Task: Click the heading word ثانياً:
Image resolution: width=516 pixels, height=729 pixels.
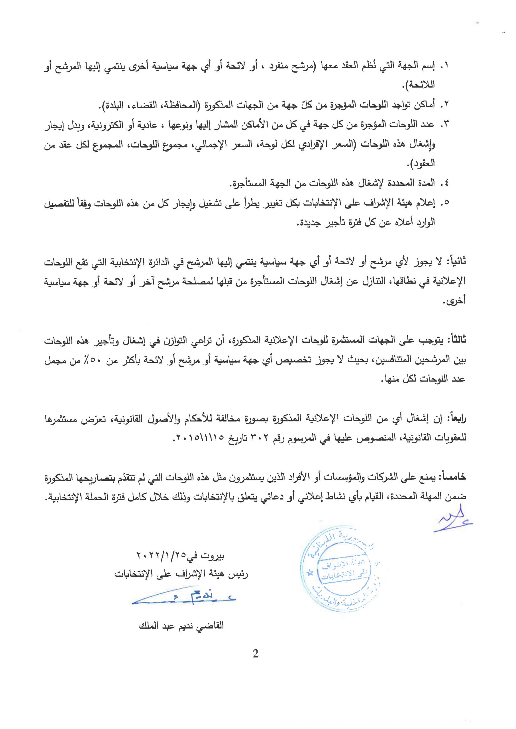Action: [x=456, y=262]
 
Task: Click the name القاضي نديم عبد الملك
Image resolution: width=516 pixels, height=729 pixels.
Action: [x=182, y=626]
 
